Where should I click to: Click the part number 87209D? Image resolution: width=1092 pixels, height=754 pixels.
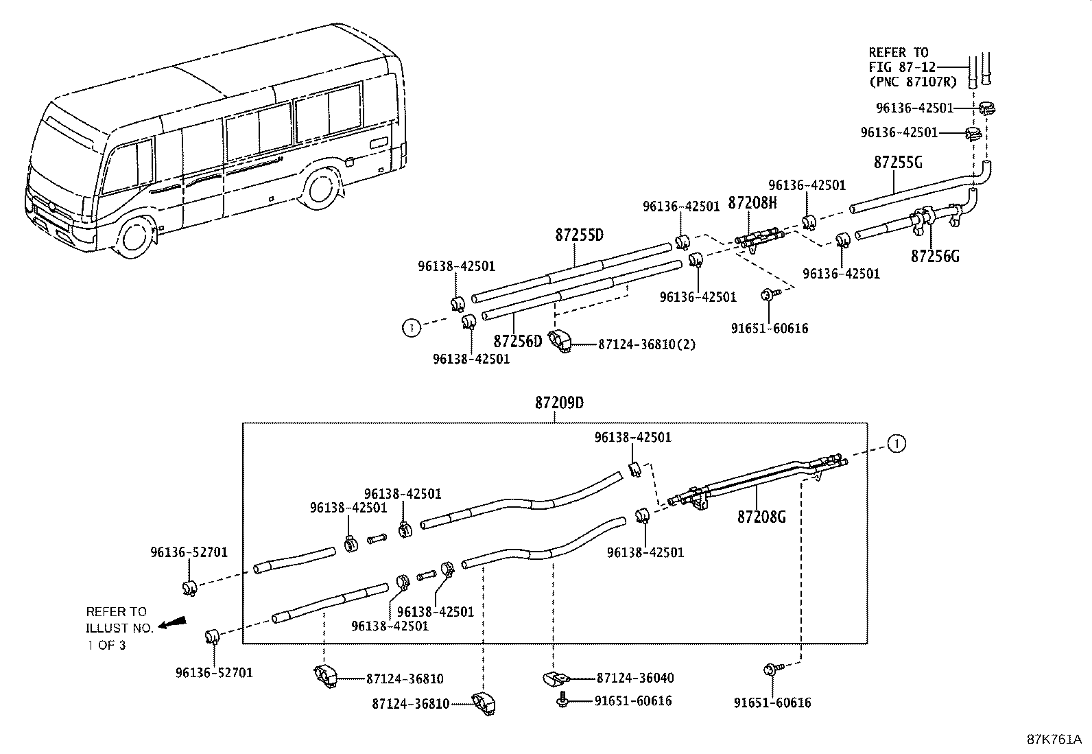pos(559,403)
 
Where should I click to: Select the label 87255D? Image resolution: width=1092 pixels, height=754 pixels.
pos(579,235)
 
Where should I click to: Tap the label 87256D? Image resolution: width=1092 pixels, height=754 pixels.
pos(518,341)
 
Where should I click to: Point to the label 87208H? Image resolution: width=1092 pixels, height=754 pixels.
pos(752,202)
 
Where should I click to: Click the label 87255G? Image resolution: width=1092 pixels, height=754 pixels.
pos(898,162)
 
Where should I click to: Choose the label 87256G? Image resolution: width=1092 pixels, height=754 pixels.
pos(935,256)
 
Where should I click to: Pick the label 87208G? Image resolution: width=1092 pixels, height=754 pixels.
pos(761,517)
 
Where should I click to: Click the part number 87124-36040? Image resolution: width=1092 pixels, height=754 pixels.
pos(635,678)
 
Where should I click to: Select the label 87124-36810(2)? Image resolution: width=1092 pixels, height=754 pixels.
pos(647,344)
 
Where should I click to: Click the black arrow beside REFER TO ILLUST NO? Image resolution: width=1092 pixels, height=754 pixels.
pos(172,622)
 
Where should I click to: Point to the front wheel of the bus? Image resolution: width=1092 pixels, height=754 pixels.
pos(134,239)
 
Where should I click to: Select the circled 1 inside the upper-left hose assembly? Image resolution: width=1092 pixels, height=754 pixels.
pos(412,328)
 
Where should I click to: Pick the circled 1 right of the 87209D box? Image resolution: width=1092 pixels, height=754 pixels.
pos(897,444)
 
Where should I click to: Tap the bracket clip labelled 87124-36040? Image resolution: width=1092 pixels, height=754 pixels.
pos(556,679)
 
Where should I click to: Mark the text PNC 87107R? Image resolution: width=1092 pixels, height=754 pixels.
pos(913,82)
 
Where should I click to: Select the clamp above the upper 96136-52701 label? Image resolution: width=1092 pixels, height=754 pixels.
pos(189,588)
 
